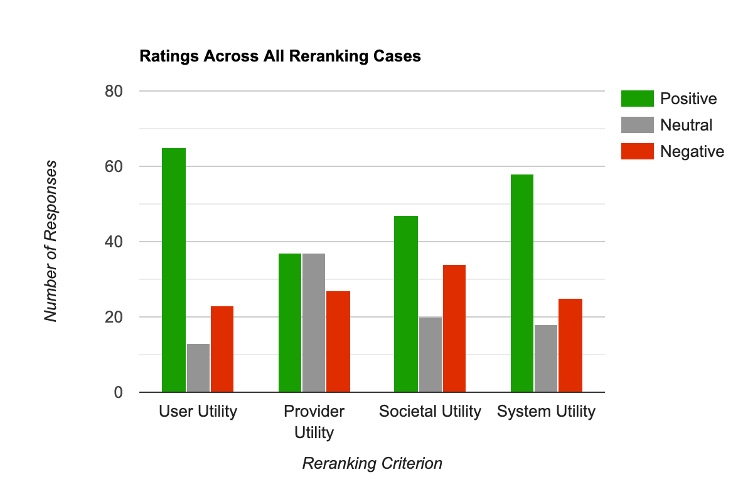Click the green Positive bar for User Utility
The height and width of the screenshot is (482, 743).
(174, 270)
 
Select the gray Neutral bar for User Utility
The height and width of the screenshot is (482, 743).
(198, 368)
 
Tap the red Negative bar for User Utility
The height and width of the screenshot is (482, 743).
(222, 349)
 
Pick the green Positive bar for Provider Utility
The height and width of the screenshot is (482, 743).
(290, 323)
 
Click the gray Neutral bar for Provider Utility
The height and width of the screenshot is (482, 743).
(314, 323)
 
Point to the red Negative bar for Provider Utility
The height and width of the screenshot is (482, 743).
(338, 341)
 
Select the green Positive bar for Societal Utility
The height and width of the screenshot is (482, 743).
(406, 304)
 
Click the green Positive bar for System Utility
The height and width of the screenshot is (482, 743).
(522, 283)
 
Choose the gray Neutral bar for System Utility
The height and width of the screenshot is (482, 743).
(546, 358)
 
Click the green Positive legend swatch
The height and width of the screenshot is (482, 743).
(637, 99)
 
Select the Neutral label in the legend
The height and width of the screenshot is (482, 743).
(686, 125)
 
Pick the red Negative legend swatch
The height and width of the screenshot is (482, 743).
(637, 151)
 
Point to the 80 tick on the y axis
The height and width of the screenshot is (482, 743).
(113, 91)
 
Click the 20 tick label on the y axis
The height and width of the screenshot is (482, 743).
(113, 317)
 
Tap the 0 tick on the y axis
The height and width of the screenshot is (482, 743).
(117, 392)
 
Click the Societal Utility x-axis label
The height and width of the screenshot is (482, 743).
(430, 412)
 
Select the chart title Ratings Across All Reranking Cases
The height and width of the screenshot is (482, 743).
(280, 56)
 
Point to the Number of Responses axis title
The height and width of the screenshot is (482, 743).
(51, 242)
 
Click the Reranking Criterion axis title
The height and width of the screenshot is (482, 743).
(372, 464)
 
